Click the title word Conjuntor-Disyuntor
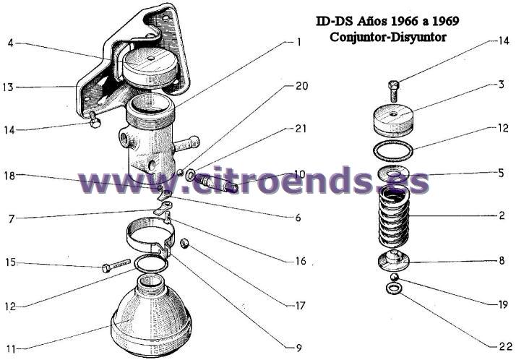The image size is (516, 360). [x=387, y=37]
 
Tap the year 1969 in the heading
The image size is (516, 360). [x=445, y=21]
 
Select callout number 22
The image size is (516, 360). [x=505, y=346]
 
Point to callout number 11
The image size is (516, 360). [x=11, y=348]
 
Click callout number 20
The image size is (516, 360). [x=301, y=86]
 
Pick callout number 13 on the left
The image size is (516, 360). [x=8, y=87]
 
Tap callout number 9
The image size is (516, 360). [x=298, y=348]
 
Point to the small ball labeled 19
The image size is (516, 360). [x=394, y=277]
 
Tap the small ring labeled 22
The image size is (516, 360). [x=394, y=288]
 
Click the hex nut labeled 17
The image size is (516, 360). [x=184, y=244]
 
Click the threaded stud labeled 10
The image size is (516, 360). [x=216, y=183]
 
